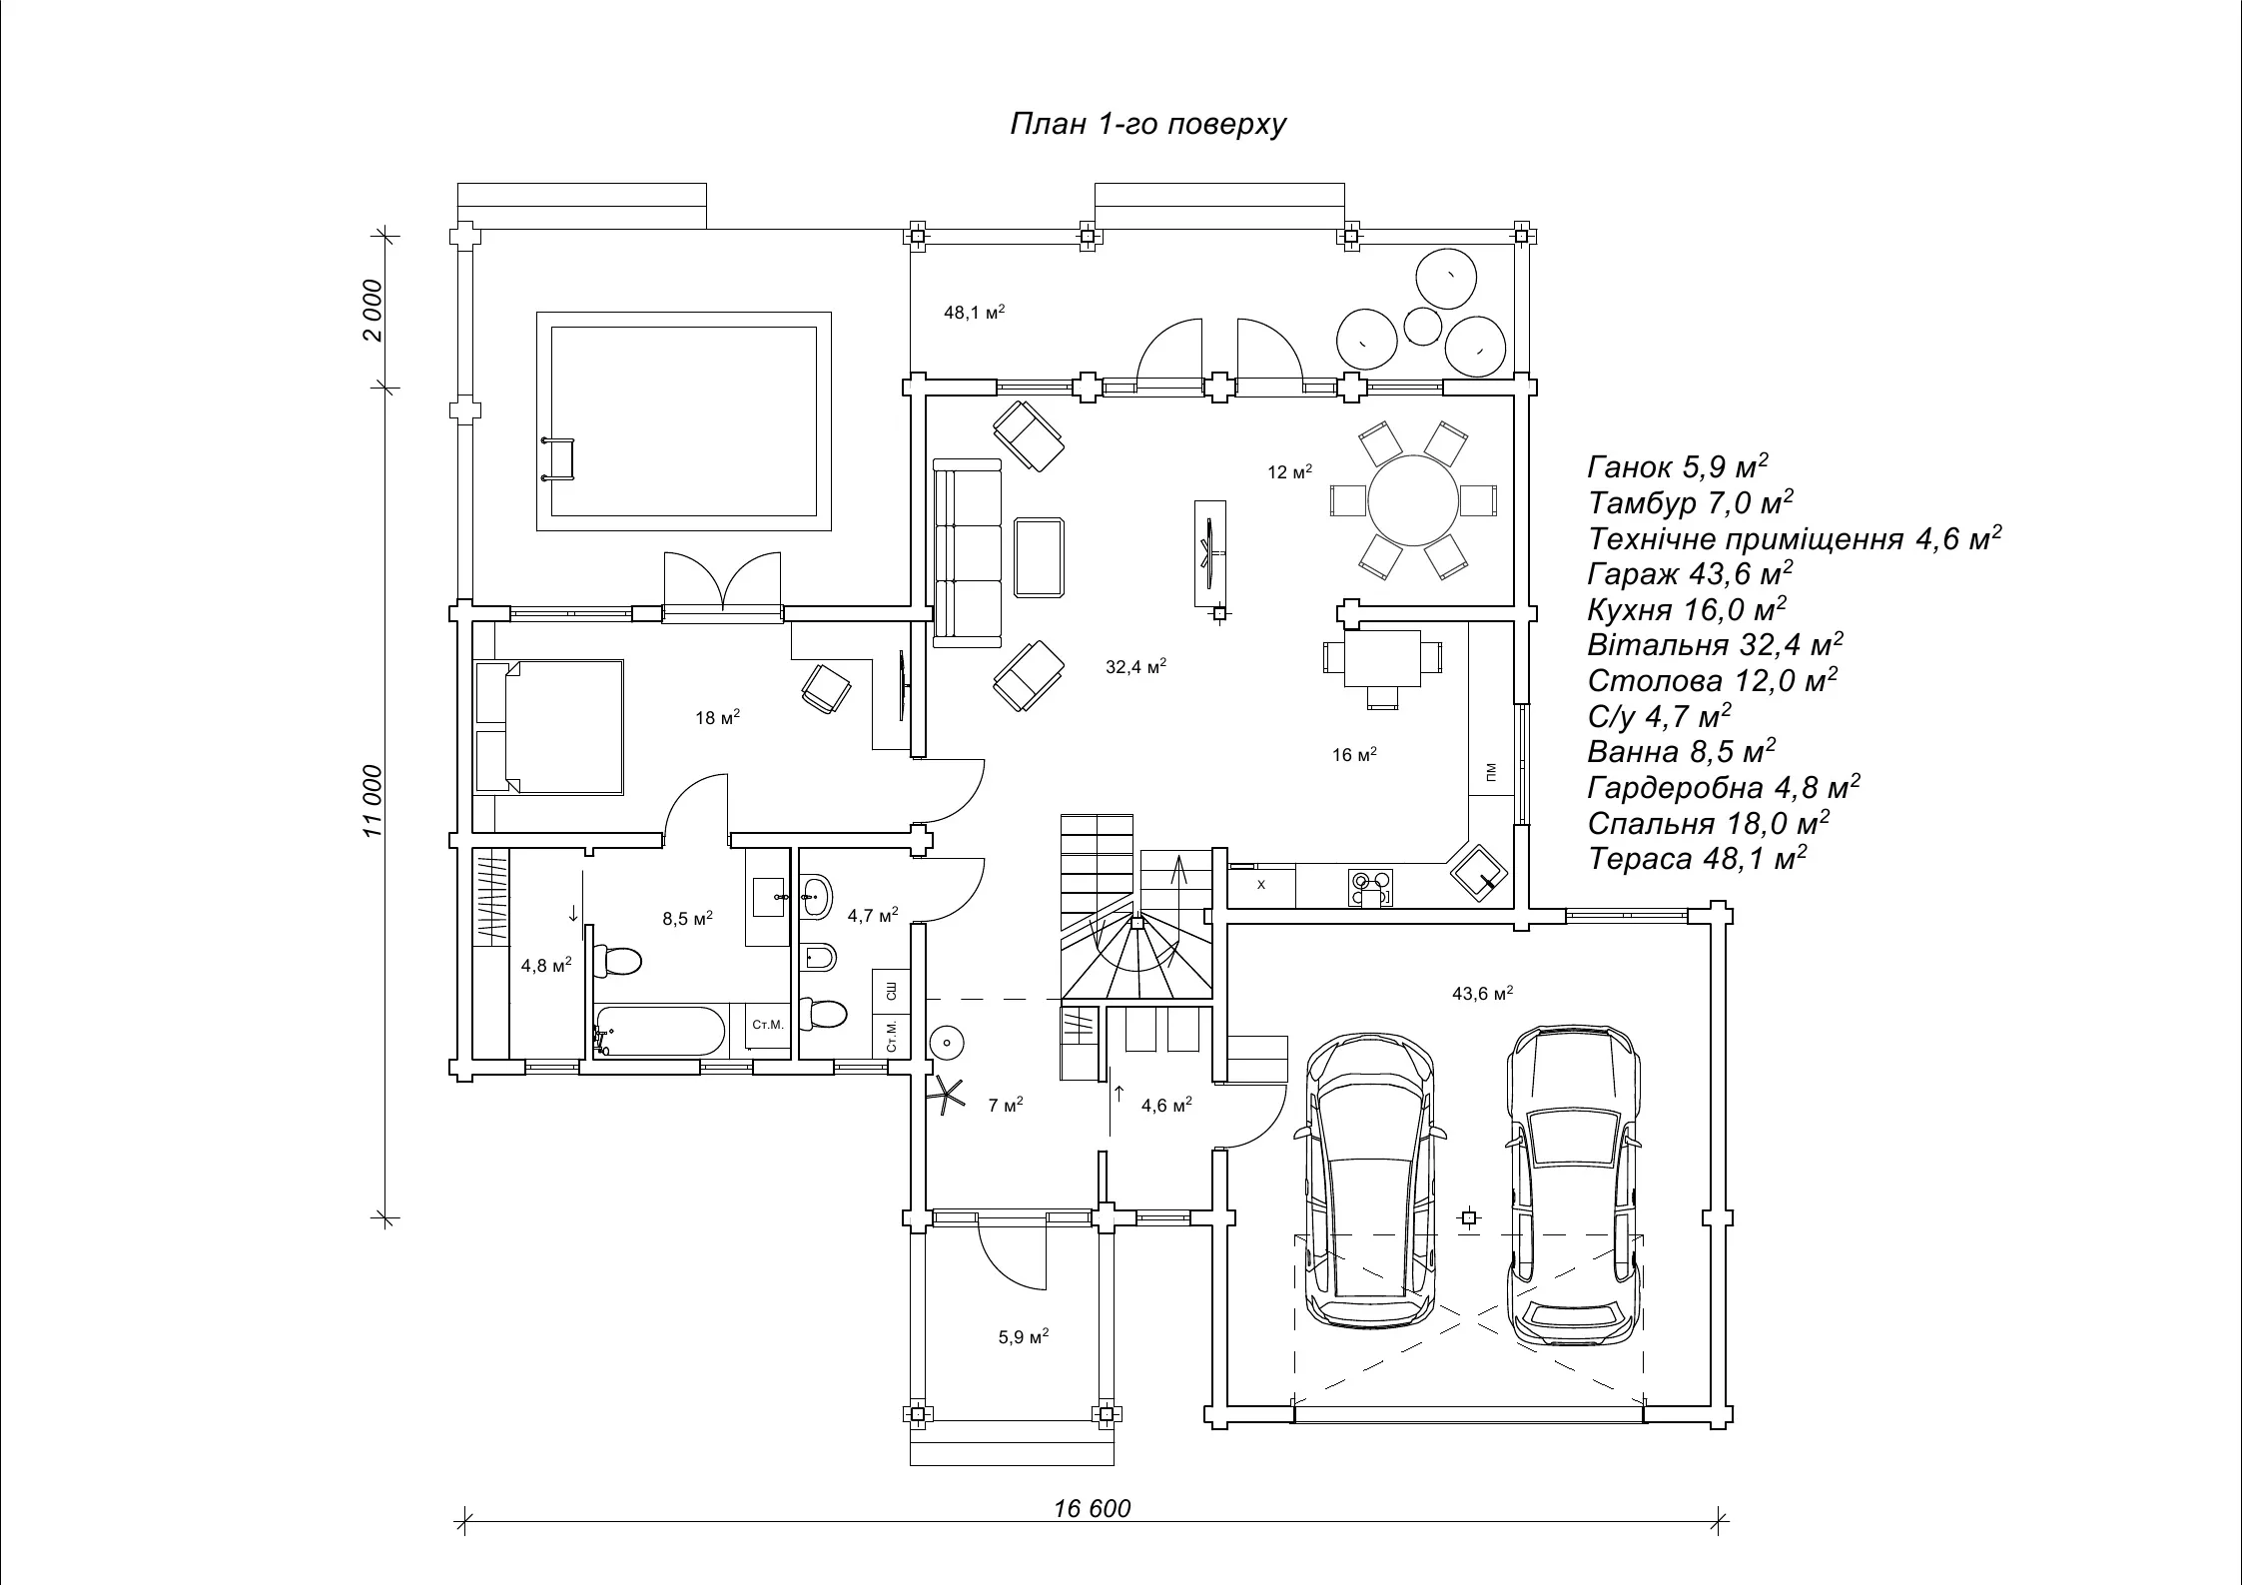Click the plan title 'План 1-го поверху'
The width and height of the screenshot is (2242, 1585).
tap(1147, 124)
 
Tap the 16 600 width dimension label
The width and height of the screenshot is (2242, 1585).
tap(1092, 1507)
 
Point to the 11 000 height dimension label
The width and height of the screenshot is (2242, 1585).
tap(373, 801)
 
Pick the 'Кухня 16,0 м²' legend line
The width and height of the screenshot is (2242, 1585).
tap(1687, 609)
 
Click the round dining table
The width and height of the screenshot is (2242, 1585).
tap(1413, 500)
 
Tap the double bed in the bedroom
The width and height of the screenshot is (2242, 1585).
tap(549, 726)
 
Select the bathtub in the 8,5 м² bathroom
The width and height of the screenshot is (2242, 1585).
tap(660, 1031)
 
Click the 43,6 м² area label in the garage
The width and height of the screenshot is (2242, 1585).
tap(1482, 994)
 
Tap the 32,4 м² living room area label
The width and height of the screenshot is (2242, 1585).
tap(1135, 666)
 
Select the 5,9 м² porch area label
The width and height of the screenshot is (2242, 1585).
tap(1023, 1336)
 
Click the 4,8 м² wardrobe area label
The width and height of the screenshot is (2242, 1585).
tap(546, 966)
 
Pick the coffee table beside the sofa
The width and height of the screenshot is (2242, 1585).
tap(1039, 557)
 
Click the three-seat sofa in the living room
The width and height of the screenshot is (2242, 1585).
tap(967, 552)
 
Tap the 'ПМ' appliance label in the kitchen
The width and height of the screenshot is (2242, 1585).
tap(1491, 771)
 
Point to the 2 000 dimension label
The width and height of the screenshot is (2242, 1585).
tap(373, 310)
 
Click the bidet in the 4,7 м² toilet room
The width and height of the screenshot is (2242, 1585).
tap(819, 957)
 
